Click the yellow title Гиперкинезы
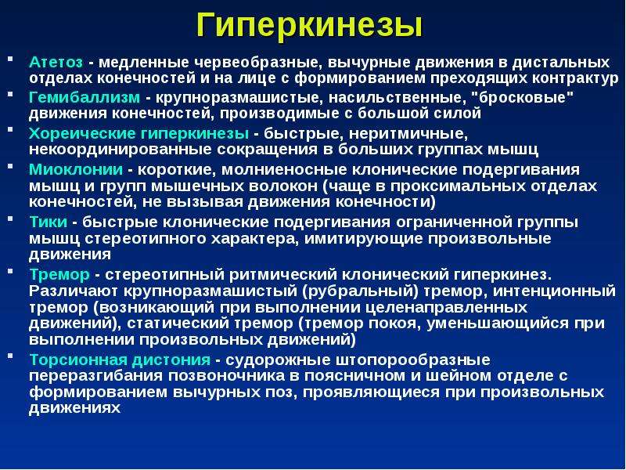tap(309, 26)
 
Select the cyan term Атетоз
tap(56, 63)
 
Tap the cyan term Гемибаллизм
tap(85, 97)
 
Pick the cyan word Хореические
tap(82, 133)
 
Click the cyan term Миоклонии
tap(76, 169)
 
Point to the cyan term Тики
tap(49, 222)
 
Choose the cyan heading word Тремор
tap(59, 275)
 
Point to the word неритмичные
tap(408, 134)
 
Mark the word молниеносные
tap(284, 169)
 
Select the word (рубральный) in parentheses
tap(361, 291)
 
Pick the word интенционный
tap(555, 291)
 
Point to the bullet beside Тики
tap(10, 219)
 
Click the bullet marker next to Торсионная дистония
tap(10, 356)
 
